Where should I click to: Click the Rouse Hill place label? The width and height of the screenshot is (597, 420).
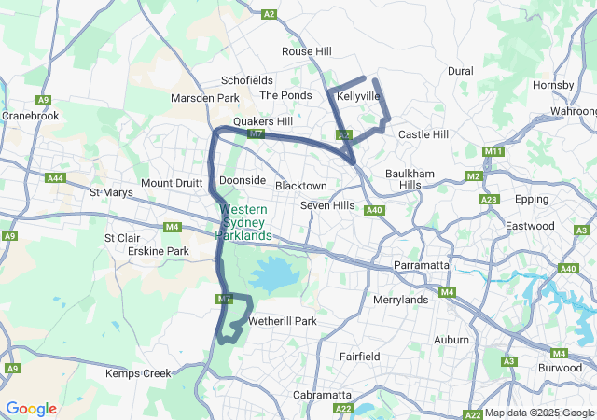pos(307,51)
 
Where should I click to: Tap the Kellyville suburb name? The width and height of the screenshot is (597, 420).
pos(358,96)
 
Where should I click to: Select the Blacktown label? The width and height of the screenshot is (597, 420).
pos(301,186)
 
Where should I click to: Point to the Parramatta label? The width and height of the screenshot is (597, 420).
pos(422,265)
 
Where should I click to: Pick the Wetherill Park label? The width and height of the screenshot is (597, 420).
pos(283,321)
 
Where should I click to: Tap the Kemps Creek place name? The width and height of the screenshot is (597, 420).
pos(138,373)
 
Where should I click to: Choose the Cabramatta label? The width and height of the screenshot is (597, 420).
pos(322,395)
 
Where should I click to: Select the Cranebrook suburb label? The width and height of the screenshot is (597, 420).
pos(31,116)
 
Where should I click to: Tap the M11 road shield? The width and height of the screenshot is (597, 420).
pos(493,151)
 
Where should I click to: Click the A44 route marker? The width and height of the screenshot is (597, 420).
pos(56,177)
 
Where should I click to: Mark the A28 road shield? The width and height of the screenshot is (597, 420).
pos(488,200)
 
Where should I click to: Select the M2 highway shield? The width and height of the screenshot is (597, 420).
pos(473,176)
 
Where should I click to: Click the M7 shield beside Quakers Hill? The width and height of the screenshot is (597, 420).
pos(257,133)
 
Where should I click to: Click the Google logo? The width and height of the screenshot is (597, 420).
pos(31,409)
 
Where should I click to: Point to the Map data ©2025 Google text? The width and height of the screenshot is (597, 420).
pos(538,413)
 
